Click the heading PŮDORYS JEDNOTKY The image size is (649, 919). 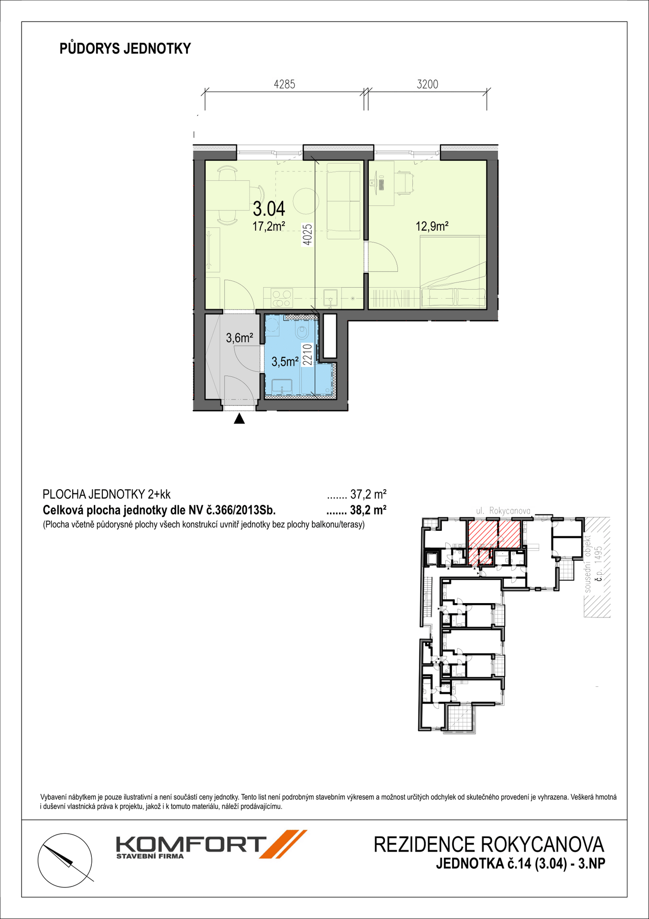(125, 48)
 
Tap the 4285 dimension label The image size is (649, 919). (285, 84)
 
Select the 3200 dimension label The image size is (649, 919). (428, 84)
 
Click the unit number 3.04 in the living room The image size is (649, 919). (269, 209)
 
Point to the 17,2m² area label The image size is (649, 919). (269, 226)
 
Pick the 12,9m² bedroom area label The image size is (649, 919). (432, 226)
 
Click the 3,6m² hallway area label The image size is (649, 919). (240, 338)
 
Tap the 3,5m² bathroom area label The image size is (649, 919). (285, 362)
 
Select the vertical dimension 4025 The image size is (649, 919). (308, 235)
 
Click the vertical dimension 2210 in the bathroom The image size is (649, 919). (307, 355)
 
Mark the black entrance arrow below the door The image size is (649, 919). (239, 419)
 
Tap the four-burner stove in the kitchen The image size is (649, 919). (282, 298)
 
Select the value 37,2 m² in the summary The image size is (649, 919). (368, 494)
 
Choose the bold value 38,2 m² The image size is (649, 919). (368, 510)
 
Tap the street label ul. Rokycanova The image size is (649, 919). (503, 511)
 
